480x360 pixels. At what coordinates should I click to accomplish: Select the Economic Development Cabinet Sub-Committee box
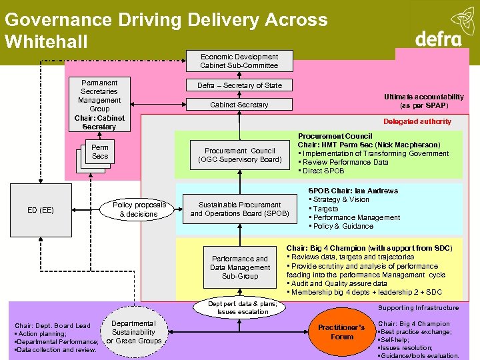239,61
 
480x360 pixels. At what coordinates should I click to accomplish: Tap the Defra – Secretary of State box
239,85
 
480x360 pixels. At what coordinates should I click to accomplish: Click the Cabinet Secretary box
239,105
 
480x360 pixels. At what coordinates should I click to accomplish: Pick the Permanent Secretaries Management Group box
99,104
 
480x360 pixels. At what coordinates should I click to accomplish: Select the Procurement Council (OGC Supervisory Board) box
239,155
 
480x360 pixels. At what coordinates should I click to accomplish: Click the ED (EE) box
41,210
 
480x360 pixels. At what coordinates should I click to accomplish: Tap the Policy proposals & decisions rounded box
140,209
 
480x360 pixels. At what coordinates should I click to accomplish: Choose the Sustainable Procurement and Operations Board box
239,209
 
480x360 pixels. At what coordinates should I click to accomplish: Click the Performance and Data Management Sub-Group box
239,267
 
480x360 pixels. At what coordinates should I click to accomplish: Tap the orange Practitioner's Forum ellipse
341,332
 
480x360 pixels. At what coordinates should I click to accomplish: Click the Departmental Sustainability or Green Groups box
134,332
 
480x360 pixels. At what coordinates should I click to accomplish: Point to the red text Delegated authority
417,121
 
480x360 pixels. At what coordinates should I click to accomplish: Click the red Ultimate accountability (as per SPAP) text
423,101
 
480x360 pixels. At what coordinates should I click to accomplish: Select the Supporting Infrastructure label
418,308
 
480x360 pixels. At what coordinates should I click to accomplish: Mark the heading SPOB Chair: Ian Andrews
353,191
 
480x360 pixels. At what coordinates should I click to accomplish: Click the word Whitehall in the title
46,42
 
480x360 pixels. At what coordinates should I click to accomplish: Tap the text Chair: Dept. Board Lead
53,325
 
